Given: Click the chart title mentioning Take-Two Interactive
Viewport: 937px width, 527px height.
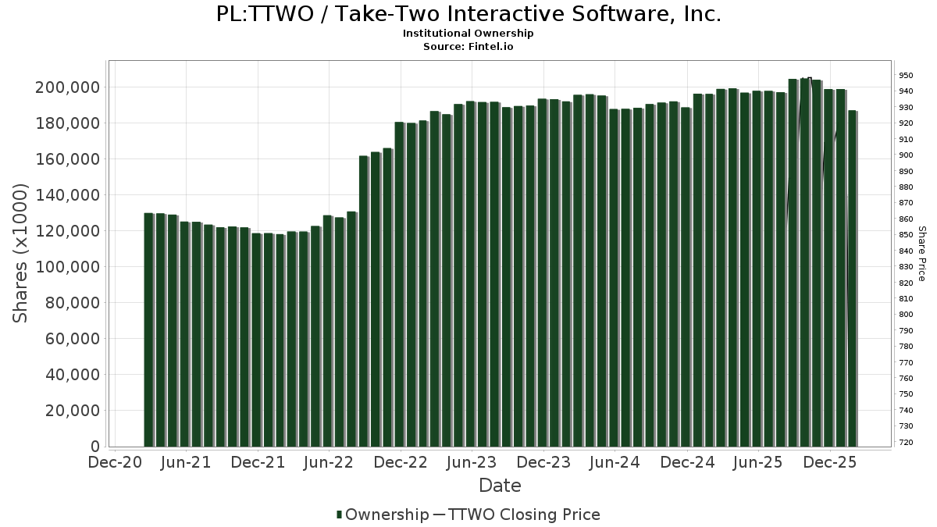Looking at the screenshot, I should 468,14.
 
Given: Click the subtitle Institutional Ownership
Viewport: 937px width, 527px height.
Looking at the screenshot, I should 468,34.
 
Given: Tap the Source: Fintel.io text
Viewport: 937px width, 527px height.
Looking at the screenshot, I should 468,47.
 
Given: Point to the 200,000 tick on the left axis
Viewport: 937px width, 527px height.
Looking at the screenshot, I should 68,87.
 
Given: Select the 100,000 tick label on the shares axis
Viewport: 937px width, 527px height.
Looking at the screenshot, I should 68,267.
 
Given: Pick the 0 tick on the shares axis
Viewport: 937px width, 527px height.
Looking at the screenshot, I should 95,447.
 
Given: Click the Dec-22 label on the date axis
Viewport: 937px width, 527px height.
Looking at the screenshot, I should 401,462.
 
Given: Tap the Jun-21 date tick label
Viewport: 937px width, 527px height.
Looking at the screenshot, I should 186,462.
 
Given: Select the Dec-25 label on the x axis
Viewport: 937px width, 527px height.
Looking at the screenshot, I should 830,462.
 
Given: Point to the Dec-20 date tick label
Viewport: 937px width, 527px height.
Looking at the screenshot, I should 115,462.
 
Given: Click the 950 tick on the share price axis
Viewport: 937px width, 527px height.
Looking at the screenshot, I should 906,76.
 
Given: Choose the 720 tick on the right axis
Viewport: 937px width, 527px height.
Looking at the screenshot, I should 906,443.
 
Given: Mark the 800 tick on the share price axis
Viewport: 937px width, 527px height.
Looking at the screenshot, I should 906,315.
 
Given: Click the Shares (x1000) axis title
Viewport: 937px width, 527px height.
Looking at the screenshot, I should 21,253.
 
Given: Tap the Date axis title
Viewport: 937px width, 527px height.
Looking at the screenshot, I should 500,486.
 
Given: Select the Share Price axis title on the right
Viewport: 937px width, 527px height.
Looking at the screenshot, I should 922,253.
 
